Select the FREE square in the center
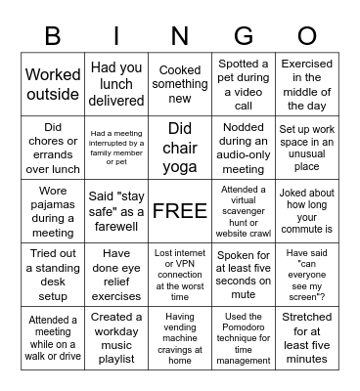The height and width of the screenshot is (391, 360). coord(180,210)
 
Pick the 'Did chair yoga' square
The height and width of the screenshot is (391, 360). coord(180,148)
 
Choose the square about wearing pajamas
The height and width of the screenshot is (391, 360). coord(53,210)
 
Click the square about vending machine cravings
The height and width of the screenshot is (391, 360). coord(180,338)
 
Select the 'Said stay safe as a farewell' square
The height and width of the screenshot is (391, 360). coord(116,210)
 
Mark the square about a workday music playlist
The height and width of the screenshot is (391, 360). coord(116,338)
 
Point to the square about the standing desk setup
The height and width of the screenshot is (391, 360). coord(53,274)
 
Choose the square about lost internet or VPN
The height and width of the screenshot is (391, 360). coord(180,274)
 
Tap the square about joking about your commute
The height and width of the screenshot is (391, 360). coord(307,210)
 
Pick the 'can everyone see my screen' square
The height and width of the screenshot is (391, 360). coord(307,274)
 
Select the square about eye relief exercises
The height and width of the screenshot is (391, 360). coord(116,274)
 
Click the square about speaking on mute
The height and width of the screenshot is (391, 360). coord(244,274)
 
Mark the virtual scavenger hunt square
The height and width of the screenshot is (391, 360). coord(244,210)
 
